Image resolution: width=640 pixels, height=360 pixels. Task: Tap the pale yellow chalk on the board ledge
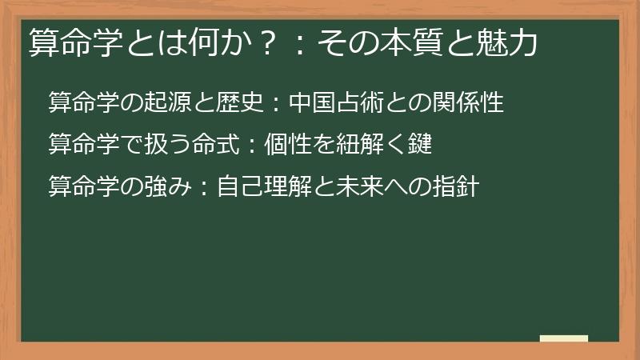pyautogui.click(x=563, y=338)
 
